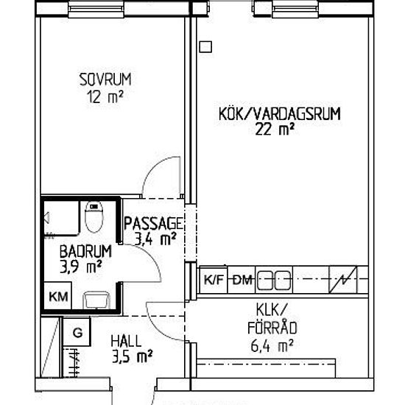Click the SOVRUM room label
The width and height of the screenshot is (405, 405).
tap(105, 80)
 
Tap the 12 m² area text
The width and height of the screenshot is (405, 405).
tap(105, 96)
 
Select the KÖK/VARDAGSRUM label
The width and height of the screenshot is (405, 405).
tap(280, 114)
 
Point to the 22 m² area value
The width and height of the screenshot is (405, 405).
tap(275, 129)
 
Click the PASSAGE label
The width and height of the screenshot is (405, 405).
tap(154, 223)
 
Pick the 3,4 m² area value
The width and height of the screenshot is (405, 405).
tap(155, 239)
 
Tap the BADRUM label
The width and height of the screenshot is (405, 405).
tap(85, 251)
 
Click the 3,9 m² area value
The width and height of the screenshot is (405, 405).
tap(80, 267)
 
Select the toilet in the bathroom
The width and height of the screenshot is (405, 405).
tap(94, 216)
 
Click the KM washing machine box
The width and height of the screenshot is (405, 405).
tap(58, 295)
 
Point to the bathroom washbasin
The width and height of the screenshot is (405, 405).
tap(96, 300)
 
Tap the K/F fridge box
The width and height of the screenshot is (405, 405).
tap(214, 280)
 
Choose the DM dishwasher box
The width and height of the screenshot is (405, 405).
tap(242, 280)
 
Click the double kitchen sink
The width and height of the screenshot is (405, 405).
tap(274, 280)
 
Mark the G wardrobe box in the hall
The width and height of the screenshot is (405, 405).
tap(77, 332)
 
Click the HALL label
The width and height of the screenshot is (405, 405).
tap(127, 341)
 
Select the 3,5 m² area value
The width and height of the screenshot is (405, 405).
tap(133, 356)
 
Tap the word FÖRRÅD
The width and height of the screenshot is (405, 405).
tap(272, 328)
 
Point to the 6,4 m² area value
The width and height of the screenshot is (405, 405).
tap(272, 345)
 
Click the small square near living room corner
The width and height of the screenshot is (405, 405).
tap(206, 47)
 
